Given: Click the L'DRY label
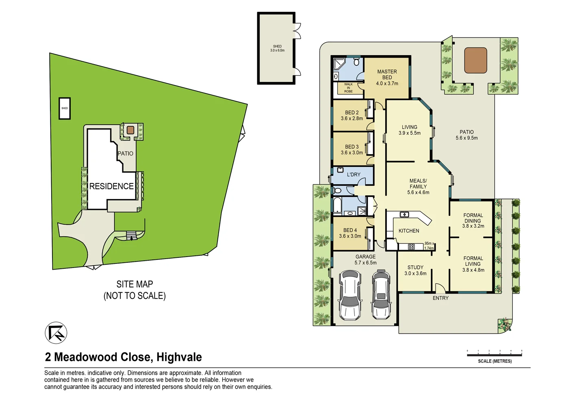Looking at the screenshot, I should [x=354, y=175].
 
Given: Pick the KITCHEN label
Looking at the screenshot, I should [x=408, y=231].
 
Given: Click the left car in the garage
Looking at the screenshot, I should [x=350, y=295].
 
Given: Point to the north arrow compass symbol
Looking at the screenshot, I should [x=56, y=333].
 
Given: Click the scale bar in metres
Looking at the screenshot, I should [x=494, y=354].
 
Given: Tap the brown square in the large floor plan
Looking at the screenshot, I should [x=475, y=60].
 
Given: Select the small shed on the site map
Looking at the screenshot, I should [x=65, y=108].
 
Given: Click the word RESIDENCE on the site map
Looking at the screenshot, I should [x=111, y=186].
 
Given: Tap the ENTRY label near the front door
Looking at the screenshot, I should [x=440, y=298].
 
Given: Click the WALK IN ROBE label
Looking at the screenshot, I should [x=348, y=88].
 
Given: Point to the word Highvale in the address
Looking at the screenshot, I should [x=179, y=357].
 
